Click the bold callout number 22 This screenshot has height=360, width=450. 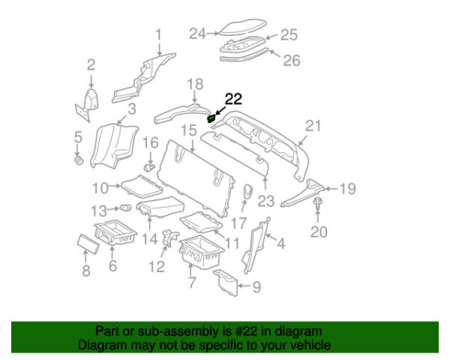[x=234, y=98]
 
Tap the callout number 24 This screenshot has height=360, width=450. [x=197, y=33]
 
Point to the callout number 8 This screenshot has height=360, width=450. [x=85, y=269]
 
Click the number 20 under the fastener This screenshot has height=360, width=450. [x=319, y=232]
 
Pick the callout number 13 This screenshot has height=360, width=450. [x=99, y=208]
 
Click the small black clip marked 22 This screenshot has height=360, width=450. [x=212, y=118]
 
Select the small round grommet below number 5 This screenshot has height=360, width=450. [x=77, y=159]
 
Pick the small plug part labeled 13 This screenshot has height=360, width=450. [x=125, y=208]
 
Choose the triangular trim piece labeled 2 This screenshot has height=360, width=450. [x=90, y=101]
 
